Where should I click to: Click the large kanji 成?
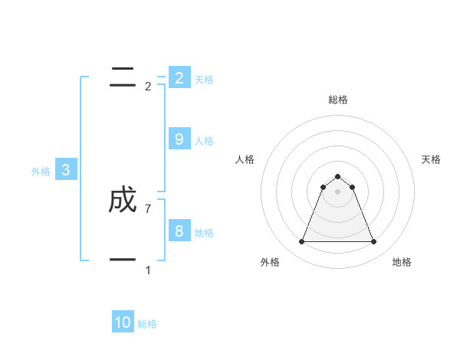[x=123, y=201]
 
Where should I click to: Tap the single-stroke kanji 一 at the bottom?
[x=123, y=260]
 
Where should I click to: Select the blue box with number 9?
[x=179, y=139]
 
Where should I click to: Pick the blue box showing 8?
[x=179, y=231]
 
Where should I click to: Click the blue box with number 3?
[x=65, y=170]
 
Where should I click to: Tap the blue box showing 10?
[x=123, y=322]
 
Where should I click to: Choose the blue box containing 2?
[x=179, y=77]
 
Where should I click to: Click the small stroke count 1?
[x=148, y=270]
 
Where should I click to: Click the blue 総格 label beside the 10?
[x=147, y=324]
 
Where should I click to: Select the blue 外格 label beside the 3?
[x=41, y=172]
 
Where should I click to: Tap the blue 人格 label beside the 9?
[x=204, y=141]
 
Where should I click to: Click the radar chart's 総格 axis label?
[x=337, y=100]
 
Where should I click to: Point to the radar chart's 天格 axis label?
[x=431, y=159]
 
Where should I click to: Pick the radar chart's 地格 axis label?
[x=402, y=262]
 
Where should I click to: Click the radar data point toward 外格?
[x=301, y=242]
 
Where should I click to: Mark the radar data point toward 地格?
[x=373, y=242]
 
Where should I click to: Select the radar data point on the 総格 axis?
[x=337, y=177]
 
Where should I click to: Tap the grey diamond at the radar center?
[x=337, y=191]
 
